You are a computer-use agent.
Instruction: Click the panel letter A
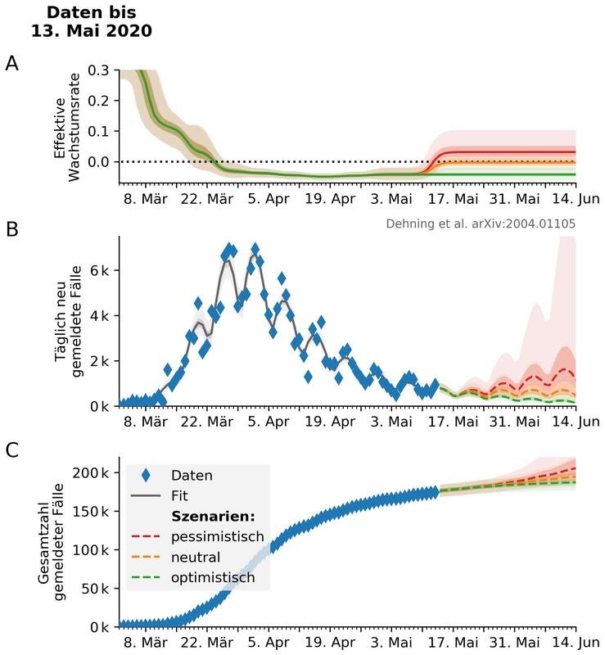click(11, 63)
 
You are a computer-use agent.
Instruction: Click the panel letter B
click(11, 230)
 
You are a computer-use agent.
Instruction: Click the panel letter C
click(11, 450)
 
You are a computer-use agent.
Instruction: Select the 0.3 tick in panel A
click(99, 70)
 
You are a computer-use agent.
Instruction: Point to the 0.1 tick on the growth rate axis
click(99, 131)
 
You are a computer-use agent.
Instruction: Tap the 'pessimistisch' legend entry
click(218, 537)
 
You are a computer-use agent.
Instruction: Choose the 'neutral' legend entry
click(196, 558)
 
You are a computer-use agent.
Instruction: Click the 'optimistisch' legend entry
click(213, 578)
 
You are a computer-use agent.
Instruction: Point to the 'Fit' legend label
click(181, 495)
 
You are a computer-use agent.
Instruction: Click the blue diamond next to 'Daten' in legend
click(147, 475)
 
